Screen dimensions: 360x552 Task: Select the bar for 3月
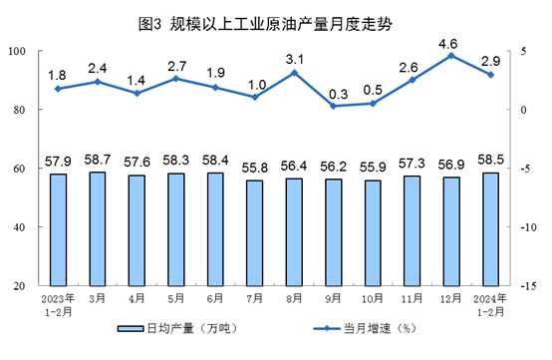[x=97, y=228]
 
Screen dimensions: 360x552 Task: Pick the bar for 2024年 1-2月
[x=490, y=228]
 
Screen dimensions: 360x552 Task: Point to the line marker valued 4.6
[x=451, y=56]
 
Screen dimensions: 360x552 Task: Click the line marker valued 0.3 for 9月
[x=335, y=106]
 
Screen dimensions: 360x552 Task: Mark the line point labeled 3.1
[x=295, y=73]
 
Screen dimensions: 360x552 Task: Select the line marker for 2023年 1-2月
[x=58, y=89]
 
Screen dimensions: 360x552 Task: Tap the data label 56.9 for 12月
[x=451, y=166]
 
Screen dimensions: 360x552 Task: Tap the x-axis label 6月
[x=216, y=297]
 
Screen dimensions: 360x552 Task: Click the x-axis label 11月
[x=413, y=297]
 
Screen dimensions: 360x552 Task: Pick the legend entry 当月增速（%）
[x=378, y=328]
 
